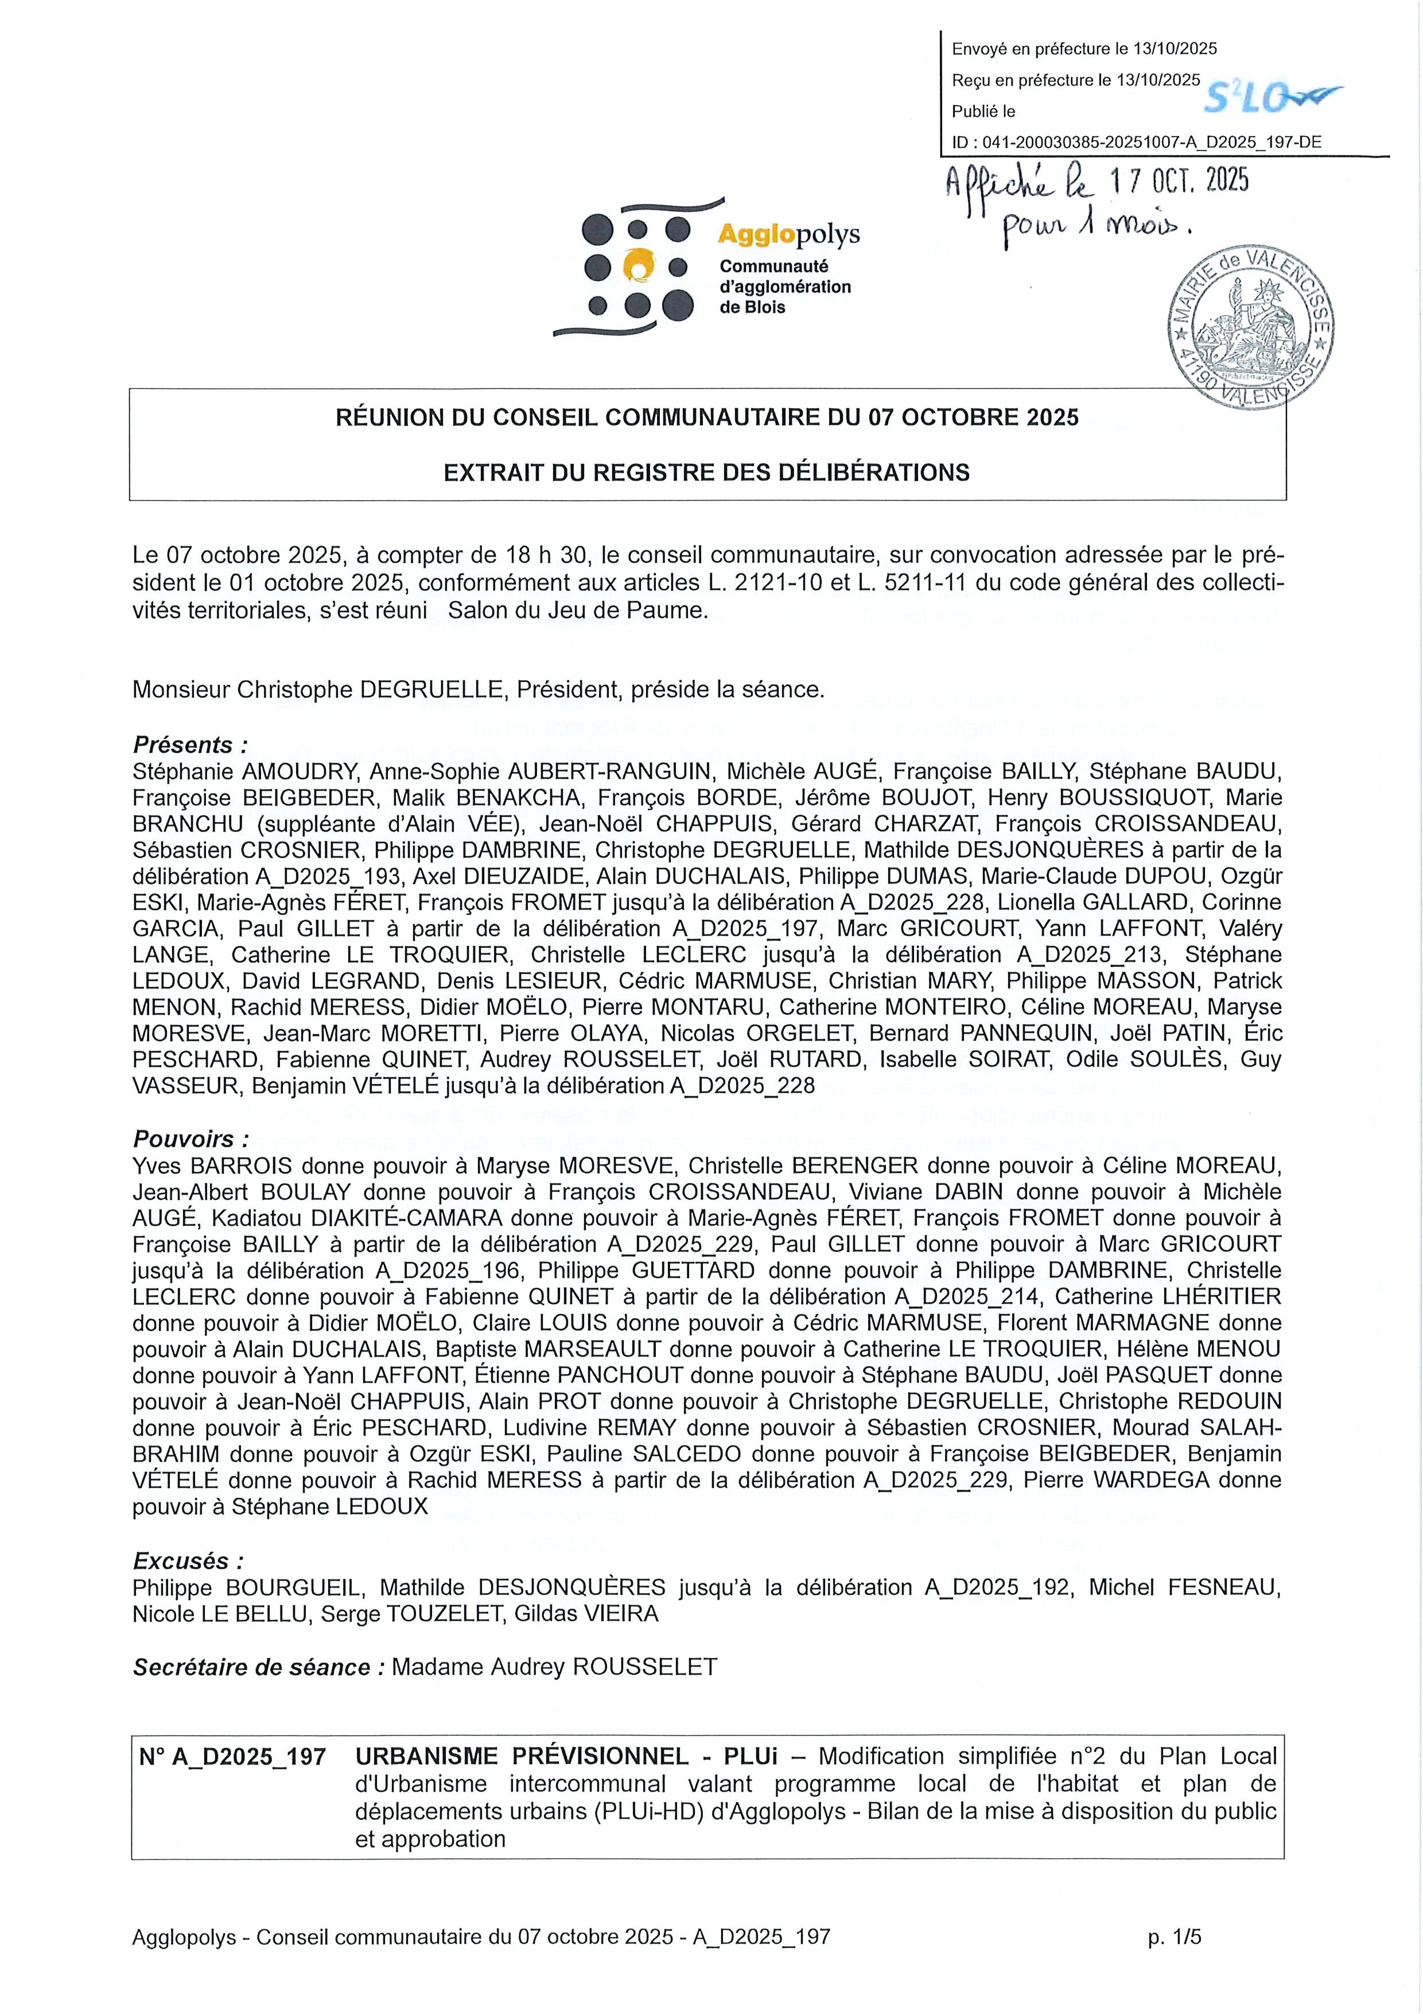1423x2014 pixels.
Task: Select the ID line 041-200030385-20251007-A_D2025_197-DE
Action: click(1136, 143)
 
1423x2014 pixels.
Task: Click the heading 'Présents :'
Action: click(190, 746)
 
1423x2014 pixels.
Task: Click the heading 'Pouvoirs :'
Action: click(191, 1140)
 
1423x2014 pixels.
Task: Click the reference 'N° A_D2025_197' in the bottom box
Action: click(232, 1757)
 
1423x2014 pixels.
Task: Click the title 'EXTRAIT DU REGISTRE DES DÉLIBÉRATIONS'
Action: click(707, 473)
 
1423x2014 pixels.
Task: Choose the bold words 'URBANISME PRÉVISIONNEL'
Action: click(522, 1757)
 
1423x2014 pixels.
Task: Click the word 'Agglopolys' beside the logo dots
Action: click(788, 235)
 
